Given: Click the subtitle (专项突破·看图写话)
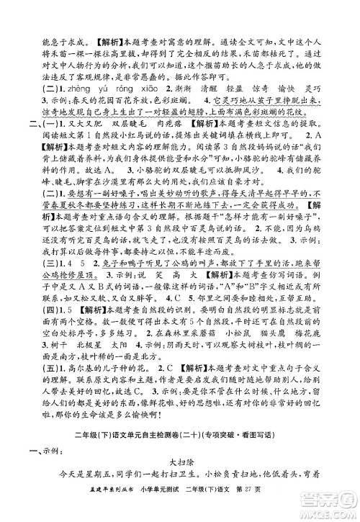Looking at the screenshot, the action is pos(252,456).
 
